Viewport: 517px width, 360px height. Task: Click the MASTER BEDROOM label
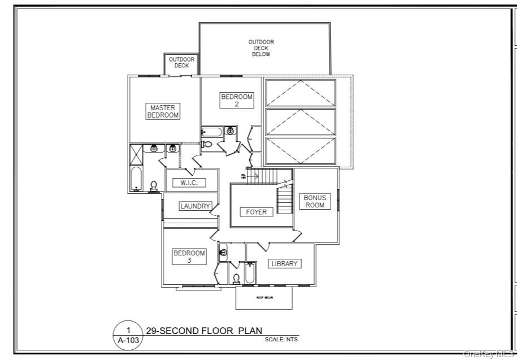(163, 111)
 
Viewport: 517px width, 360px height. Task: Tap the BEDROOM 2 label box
(237, 100)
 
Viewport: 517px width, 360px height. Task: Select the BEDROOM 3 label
(189, 257)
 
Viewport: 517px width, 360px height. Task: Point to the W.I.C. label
(189, 183)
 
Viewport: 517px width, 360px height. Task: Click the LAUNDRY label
(195, 206)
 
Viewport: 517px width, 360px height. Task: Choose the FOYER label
(256, 212)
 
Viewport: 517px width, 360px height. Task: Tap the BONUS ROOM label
(315, 201)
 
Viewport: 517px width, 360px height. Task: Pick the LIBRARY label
(284, 264)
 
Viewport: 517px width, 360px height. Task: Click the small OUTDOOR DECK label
(181, 62)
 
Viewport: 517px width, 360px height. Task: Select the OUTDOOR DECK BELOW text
(261, 48)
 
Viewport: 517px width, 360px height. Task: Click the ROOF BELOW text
(265, 298)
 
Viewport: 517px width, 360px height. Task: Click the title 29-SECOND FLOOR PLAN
(204, 331)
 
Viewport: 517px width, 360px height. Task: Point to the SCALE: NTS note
(281, 340)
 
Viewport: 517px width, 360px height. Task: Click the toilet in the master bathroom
(154, 185)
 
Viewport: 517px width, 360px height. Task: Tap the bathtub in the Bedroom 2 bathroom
(212, 132)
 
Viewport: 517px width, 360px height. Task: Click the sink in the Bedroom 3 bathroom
(223, 252)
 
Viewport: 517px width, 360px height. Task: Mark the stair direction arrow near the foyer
(253, 176)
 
